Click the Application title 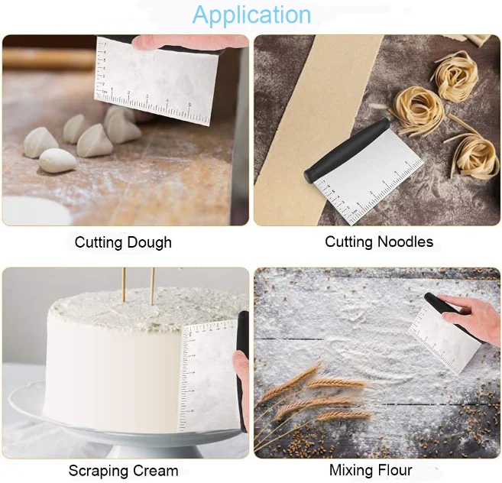coord(251,15)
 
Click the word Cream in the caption coord(157,470)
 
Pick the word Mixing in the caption coord(350,469)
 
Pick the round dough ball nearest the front coord(57,160)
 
